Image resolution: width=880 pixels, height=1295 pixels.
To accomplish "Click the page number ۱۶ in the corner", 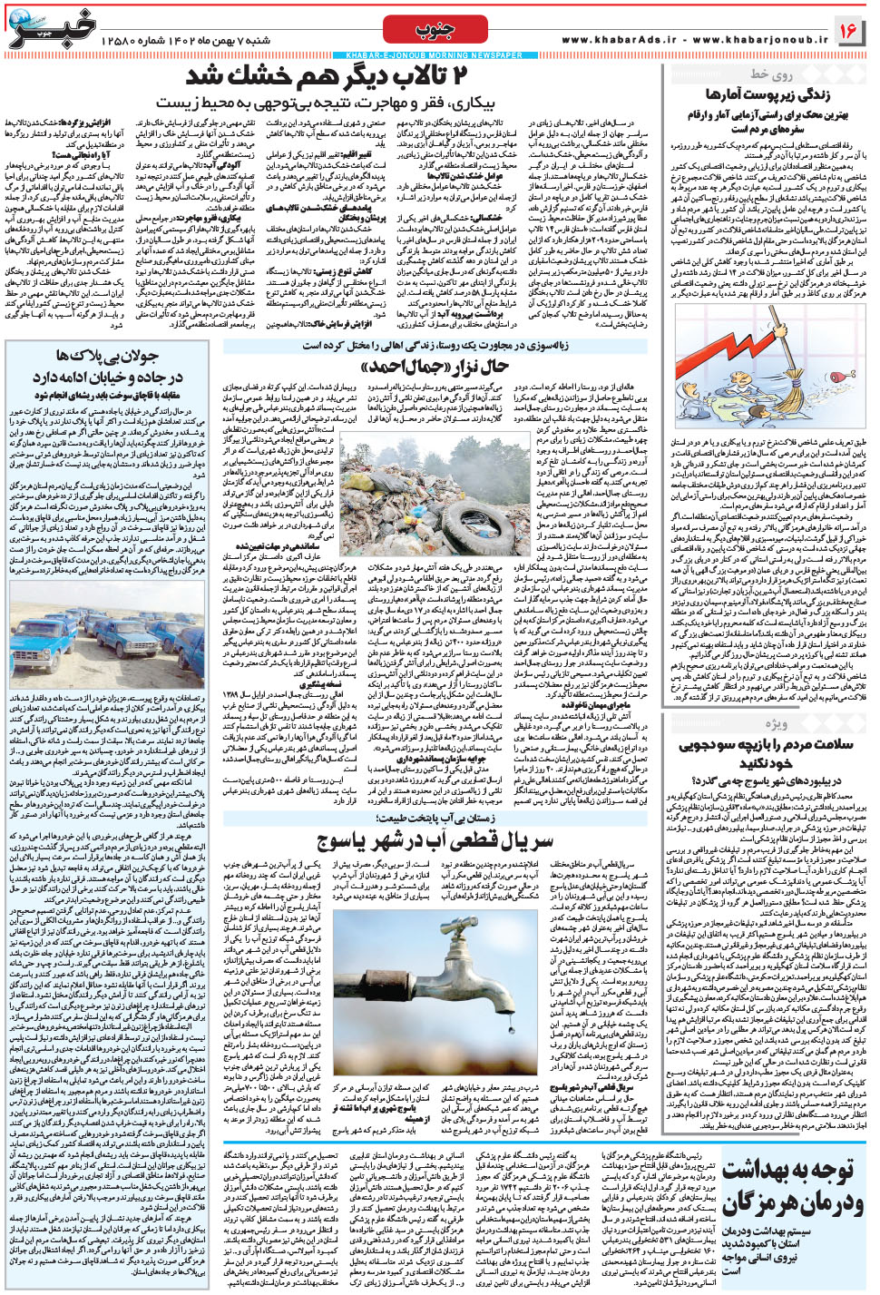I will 847,31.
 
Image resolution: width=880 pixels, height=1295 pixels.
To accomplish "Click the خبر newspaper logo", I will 54,28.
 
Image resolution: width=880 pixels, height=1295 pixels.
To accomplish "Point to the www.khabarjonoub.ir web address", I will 760,40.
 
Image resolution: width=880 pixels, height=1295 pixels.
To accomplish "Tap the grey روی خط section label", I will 772,74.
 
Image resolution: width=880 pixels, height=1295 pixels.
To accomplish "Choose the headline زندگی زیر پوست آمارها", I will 768,94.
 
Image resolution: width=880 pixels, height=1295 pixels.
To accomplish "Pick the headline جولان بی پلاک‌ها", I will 107,355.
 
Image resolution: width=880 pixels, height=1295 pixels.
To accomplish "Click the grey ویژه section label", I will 776,723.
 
